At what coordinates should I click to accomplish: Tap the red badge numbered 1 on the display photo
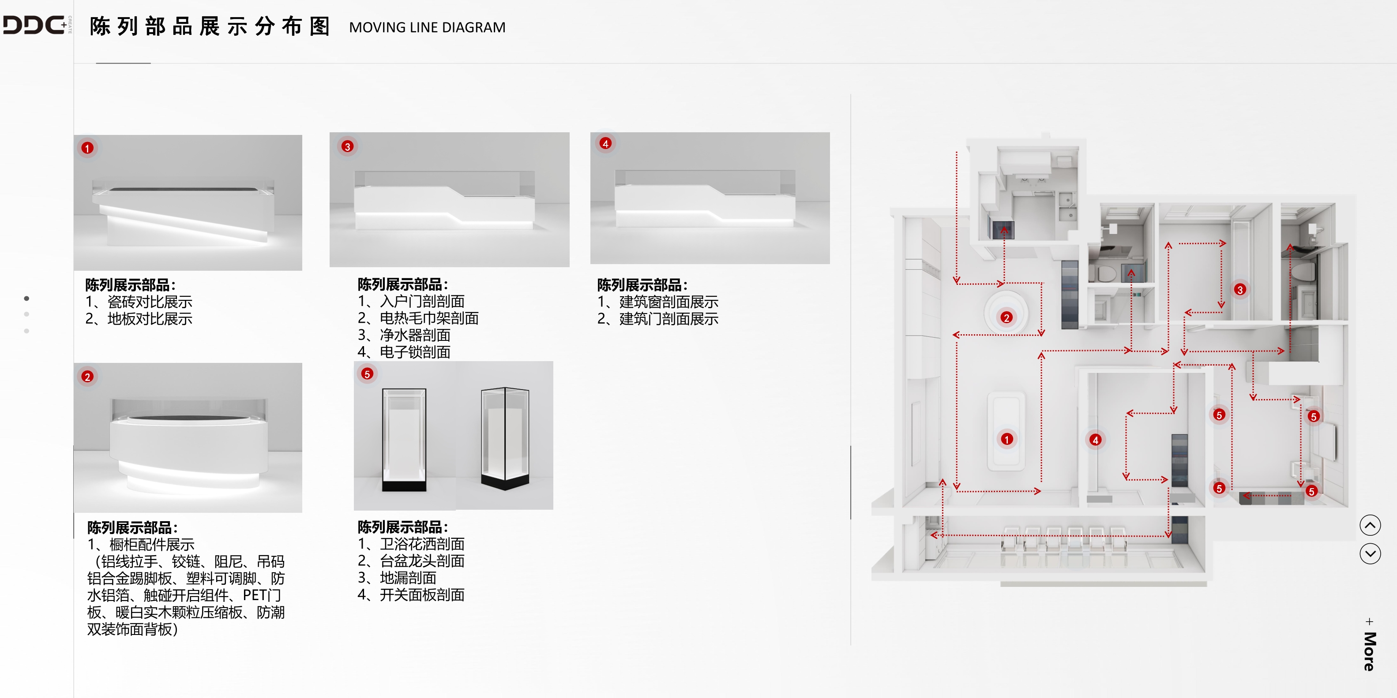tap(87, 148)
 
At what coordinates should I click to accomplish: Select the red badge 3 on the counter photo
tap(348, 146)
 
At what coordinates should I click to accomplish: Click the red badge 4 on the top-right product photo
tap(605, 144)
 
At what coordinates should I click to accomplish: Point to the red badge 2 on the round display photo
tap(87, 377)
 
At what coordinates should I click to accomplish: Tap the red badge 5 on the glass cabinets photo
tap(367, 374)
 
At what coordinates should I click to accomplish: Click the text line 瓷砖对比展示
tap(149, 302)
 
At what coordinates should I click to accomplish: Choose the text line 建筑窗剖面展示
tap(668, 302)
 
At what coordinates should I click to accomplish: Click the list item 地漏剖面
tap(407, 578)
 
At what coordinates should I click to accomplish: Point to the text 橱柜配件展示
tap(151, 544)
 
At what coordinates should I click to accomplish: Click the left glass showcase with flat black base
tap(404, 439)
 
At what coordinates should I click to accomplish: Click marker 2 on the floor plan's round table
tap(1006, 317)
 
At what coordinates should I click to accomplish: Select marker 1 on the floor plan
tap(1006, 439)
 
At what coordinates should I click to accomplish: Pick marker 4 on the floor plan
tap(1096, 440)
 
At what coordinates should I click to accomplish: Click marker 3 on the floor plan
tap(1240, 290)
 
